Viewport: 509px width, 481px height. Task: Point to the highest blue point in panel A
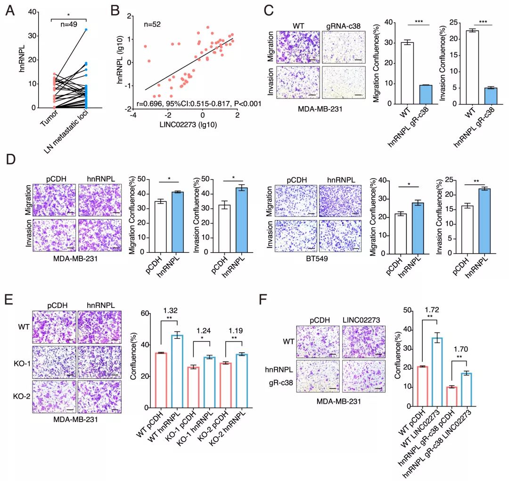click(86, 30)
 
